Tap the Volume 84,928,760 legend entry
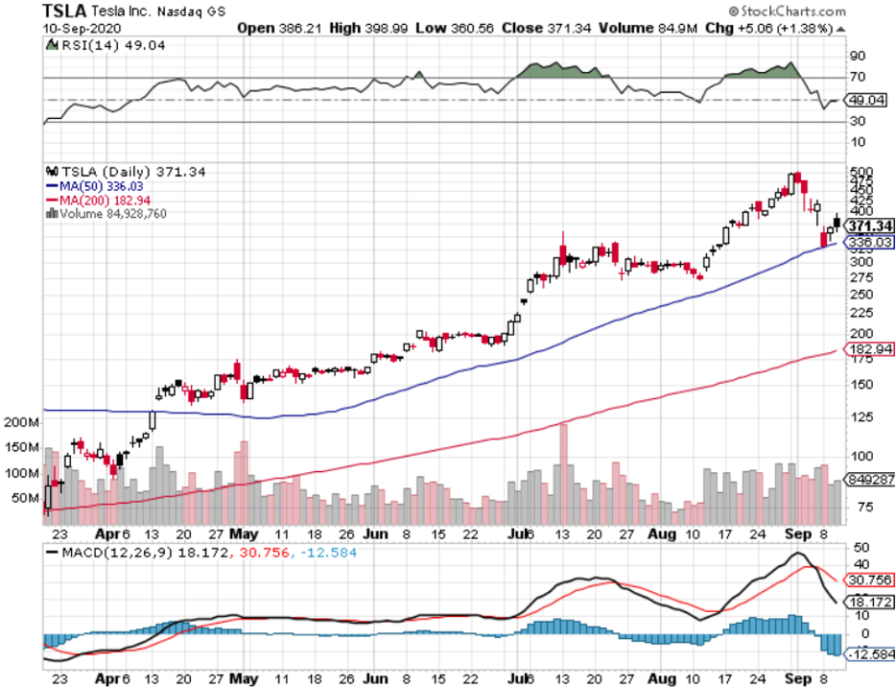(x=107, y=213)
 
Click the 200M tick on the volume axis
(x=21, y=422)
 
